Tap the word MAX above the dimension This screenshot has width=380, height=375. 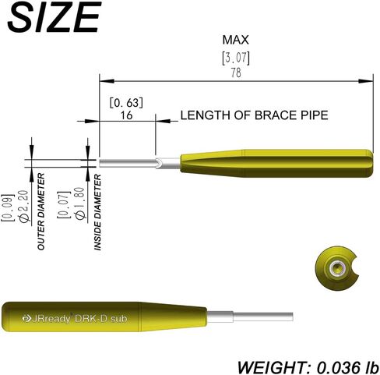click(236, 40)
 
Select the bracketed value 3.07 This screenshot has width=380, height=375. click(236, 58)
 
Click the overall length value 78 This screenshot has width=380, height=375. click(236, 73)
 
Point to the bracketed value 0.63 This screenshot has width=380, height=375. click(126, 103)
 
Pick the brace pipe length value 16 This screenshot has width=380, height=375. click(126, 115)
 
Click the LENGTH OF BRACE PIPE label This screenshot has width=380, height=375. click(255, 115)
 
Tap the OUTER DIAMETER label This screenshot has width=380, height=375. click(41, 211)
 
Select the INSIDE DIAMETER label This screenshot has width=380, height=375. click(97, 212)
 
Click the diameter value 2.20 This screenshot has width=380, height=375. click(23, 207)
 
